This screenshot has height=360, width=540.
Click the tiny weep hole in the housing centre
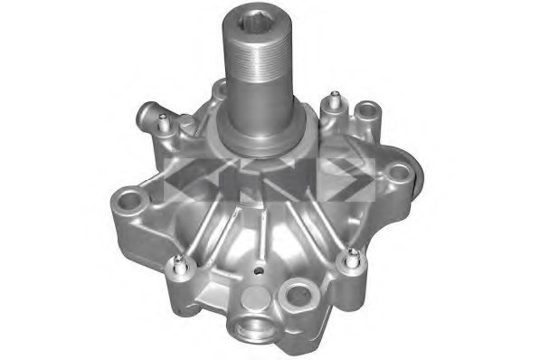(x=257, y=272)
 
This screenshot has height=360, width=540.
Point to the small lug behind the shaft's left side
(x=220, y=90)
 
